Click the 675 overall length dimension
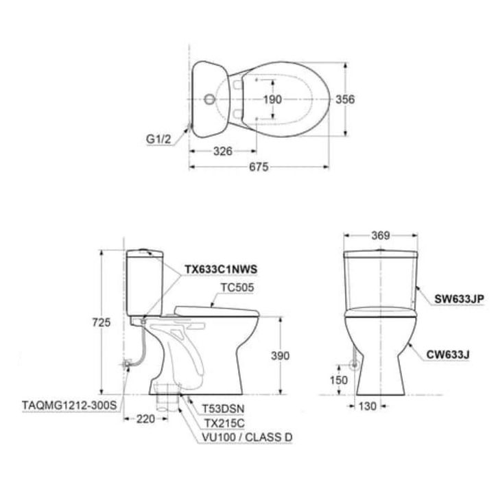pyautogui.click(x=259, y=167)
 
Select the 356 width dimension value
pyautogui.click(x=345, y=99)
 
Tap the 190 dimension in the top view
pyautogui.click(x=272, y=99)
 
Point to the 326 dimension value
pyautogui.click(x=223, y=151)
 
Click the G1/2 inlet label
pyautogui.click(x=158, y=139)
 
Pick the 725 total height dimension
pyautogui.click(x=102, y=322)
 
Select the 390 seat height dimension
pyautogui.click(x=280, y=355)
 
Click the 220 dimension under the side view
pyautogui.click(x=146, y=419)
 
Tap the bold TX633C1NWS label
pyautogui.click(x=221, y=270)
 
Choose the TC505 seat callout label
pyautogui.click(x=237, y=287)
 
